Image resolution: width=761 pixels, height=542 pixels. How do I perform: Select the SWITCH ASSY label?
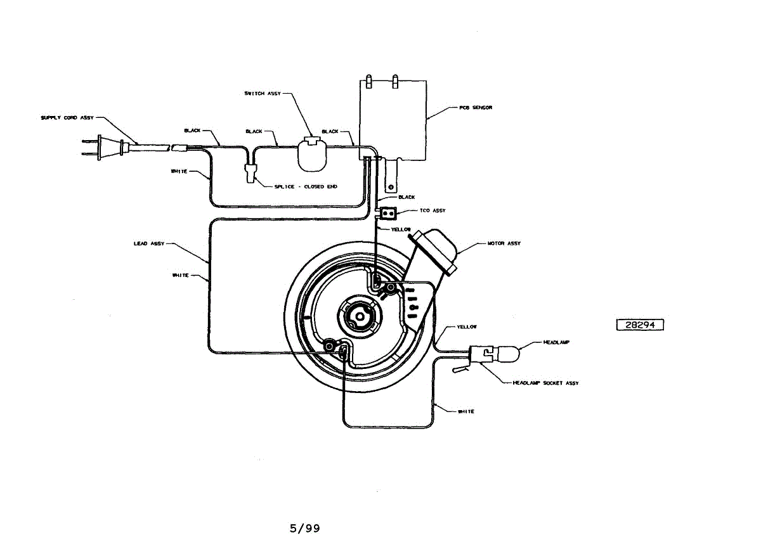tap(263, 93)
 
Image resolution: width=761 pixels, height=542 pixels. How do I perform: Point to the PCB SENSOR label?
tap(476, 108)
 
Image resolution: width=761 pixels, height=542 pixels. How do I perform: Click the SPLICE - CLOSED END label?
tap(306, 186)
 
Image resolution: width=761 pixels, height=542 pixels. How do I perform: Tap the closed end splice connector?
tap(252, 172)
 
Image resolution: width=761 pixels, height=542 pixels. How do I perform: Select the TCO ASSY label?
tap(433, 210)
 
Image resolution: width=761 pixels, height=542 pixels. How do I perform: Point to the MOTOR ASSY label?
tap(504, 243)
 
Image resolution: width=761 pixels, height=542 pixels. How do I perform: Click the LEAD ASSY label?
tap(149, 243)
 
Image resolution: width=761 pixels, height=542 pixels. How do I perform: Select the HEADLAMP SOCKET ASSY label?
tap(545, 383)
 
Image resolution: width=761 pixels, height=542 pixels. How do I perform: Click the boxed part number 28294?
tap(639, 325)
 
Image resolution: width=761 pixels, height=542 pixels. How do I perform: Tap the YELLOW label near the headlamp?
tap(467, 327)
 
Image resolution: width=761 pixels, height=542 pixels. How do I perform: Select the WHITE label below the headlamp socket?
tap(465, 411)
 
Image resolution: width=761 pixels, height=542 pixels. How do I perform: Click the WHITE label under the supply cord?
tap(179, 171)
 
